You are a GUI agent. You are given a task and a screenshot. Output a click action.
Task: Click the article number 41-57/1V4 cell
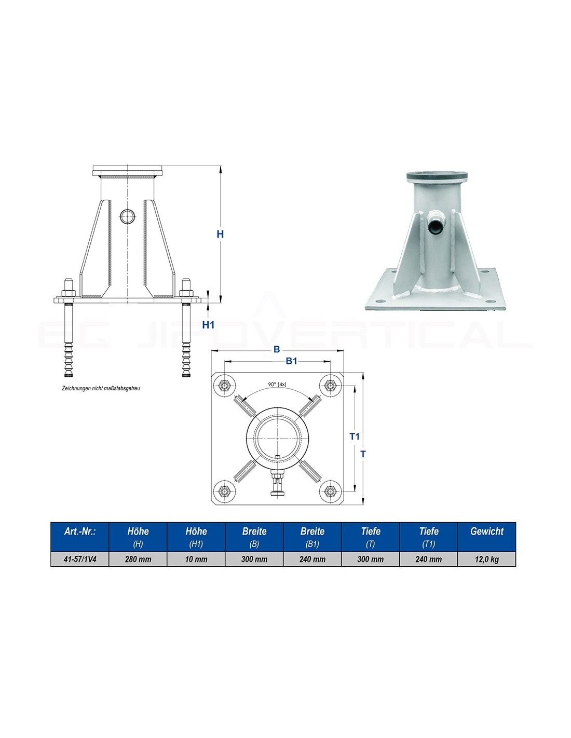80,559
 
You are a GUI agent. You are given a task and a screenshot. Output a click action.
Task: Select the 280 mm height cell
138,559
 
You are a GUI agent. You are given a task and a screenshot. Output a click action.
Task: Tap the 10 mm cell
196,559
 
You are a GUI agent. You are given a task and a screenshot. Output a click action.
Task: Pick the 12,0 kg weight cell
487,559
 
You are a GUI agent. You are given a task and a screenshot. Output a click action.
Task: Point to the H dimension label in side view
220,234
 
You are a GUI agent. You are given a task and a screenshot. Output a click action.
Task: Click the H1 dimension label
208,325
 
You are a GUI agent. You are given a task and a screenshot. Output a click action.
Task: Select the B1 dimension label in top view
291,361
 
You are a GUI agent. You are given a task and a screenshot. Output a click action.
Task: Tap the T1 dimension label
355,436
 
